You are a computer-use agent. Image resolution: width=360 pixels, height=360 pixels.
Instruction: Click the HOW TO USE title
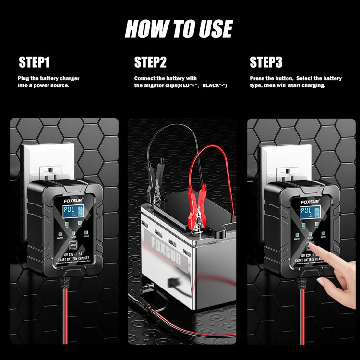click(x=179, y=29)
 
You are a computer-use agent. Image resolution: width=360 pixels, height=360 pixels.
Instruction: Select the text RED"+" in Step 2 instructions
click(x=188, y=85)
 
